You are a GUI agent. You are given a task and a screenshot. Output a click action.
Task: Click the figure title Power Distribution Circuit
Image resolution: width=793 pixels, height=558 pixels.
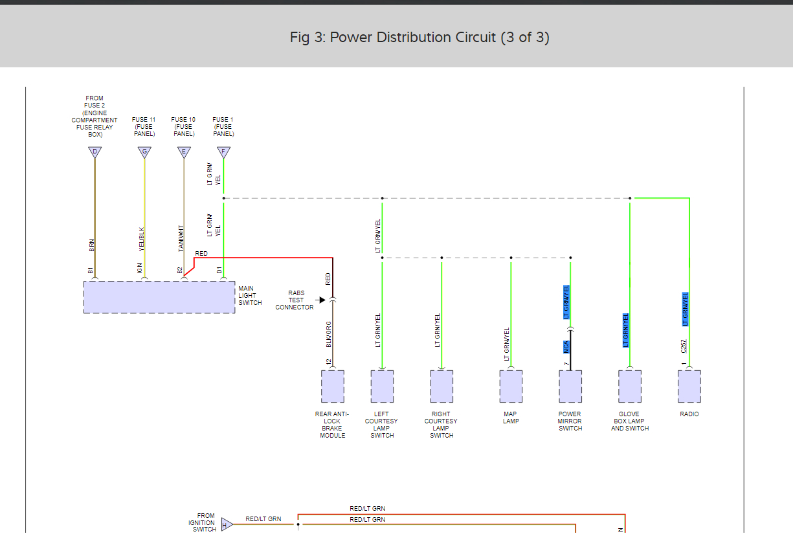click(419, 38)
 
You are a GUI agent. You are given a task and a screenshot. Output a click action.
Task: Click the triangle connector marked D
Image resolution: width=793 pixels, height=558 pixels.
click(95, 153)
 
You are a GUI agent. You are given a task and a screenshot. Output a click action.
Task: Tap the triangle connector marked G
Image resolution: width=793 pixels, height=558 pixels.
click(144, 153)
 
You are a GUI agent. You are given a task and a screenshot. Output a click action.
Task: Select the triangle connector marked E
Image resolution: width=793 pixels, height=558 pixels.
click(184, 153)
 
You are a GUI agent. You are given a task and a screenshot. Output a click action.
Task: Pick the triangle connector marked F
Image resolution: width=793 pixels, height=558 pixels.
click(223, 153)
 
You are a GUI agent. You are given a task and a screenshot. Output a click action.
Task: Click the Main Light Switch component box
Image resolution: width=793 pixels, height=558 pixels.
click(159, 297)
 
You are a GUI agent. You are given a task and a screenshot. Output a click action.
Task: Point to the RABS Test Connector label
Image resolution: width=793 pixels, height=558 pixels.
click(295, 300)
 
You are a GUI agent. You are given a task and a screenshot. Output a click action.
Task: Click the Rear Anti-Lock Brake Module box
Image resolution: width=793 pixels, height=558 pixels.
click(333, 386)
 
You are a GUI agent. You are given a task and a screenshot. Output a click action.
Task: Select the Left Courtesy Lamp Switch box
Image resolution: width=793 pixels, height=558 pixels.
click(382, 386)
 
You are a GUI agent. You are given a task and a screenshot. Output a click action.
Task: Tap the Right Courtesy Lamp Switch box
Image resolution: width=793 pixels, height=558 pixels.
click(441, 386)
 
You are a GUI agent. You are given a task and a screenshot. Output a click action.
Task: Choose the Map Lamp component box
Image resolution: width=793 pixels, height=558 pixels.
click(511, 386)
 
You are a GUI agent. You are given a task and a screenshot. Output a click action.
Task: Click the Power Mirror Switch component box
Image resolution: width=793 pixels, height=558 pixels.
click(570, 386)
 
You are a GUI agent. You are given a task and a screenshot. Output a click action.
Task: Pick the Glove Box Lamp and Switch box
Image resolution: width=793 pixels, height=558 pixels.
click(630, 386)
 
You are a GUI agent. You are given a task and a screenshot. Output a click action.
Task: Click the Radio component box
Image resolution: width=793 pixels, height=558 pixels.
click(689, 386)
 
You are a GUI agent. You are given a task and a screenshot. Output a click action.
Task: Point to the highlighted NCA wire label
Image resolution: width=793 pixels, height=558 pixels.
click(565, 346)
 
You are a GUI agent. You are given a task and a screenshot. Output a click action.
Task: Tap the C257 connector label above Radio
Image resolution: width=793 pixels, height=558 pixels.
click(684, 346)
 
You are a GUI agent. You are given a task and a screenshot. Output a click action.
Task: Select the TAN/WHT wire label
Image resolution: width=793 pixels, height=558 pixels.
click(181, 238)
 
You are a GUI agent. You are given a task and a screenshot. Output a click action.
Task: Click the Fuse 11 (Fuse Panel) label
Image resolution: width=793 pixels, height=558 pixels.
click(144, 127)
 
